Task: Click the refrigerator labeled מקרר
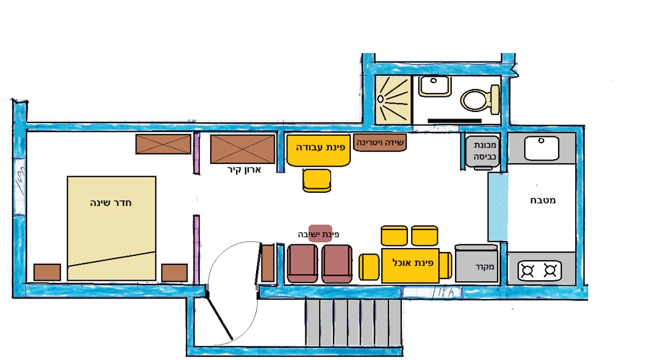pos(476,265)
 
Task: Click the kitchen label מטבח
pos(542,200)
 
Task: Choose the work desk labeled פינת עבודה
pos(319,150)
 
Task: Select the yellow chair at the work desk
pos(317,181)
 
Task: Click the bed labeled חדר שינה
pos(111,228)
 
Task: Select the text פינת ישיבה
pos(318,234)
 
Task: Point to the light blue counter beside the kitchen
pos(497,207)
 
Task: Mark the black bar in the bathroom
pos(454,120)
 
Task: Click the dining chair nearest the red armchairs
pos(369,267)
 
